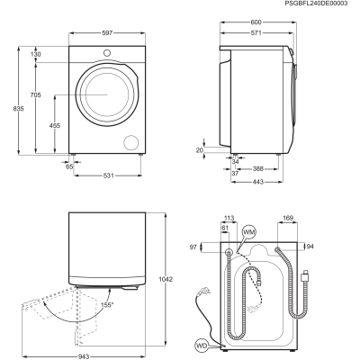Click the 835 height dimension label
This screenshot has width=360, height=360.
(x=18, y=109)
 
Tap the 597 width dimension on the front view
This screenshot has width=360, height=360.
(x=107, y=33)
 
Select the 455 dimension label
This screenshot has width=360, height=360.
(x=55, y=126)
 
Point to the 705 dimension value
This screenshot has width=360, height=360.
(x=35, y=95)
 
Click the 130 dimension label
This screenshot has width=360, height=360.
(x=35, y=54)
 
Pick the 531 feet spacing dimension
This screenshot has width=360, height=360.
(x=108, y=175)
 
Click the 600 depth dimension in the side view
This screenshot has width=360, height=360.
(x=256, y=22)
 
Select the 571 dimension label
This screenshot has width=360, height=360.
(x=256, y=33)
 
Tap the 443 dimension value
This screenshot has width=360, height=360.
(x=257, y=182)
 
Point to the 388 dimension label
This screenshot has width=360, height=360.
(x=257, y=169)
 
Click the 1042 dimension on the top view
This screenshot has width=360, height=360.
(x=166, y=279)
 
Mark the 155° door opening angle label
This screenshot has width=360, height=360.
(x=107, y=305)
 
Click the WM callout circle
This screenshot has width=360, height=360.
(x=249, y=232)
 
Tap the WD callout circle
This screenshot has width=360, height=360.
(x=202, y=346)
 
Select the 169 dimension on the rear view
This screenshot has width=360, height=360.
(x=288, y=218)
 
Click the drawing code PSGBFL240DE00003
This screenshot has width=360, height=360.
(x=316, y=4)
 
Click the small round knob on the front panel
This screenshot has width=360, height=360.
(x=107, y=53)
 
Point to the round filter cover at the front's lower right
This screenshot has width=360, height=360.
(x=131, y=142)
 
